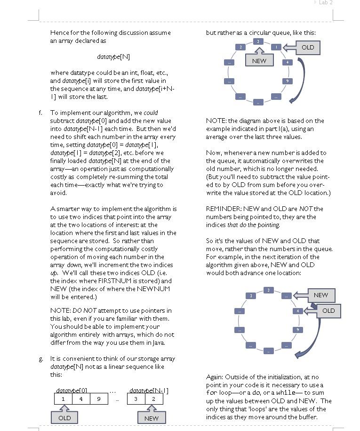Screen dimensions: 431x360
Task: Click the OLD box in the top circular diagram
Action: point(308,48)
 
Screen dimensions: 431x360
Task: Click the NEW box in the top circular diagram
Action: point(259,60)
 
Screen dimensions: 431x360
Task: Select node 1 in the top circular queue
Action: point(276,47)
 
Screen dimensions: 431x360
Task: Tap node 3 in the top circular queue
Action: point(240,47)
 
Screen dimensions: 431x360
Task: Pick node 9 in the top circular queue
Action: point(287,81)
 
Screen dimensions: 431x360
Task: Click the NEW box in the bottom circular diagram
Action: point(320,295)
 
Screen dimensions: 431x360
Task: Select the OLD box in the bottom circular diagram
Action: point(328,311)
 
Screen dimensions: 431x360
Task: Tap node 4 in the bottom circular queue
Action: point(297,311)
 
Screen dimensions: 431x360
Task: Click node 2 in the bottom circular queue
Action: point(268,290)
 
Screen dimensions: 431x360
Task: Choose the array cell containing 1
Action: point(63,399)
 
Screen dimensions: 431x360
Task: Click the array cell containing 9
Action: point(99,399)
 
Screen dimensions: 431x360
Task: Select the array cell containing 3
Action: point(136,399)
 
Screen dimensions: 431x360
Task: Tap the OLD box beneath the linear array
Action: point(64,418)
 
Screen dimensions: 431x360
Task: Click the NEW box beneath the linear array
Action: point(151,418)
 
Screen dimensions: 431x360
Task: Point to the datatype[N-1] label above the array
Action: point(149,390)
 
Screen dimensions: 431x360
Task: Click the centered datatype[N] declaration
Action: point(113,57)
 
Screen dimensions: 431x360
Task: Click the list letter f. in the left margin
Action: point(40,113)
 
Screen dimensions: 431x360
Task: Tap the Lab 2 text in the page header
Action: point(326,3)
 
